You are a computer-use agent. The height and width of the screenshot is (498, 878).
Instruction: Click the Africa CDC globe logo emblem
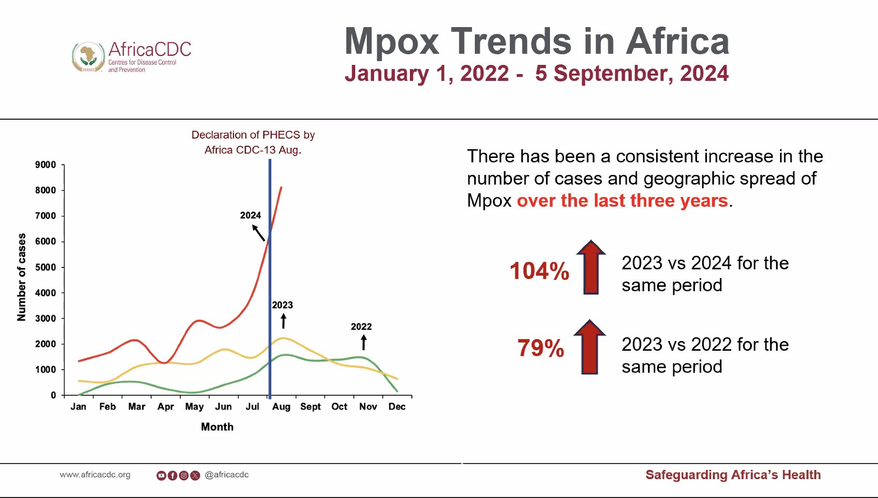tap(88, 57)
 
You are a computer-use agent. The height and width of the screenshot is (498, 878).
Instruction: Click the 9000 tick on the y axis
tap(46, 165)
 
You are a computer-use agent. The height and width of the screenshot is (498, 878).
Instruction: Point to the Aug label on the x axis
tap(281, 406)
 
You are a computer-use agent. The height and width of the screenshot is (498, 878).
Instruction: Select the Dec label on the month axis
tap(397, 406)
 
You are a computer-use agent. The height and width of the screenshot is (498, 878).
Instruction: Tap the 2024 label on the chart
tap(250, 215)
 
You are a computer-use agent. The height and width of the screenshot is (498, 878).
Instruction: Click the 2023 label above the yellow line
tap(282, 305)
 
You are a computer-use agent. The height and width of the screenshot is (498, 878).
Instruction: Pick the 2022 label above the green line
tap(361, 327)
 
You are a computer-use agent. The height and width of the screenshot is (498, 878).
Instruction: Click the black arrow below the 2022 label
tap(364, 342)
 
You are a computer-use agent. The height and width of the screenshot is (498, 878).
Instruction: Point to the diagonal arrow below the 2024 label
tap(259, 233)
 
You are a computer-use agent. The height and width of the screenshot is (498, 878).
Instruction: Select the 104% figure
tap(539, 271)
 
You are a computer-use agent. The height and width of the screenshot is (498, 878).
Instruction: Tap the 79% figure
tap(541, 348)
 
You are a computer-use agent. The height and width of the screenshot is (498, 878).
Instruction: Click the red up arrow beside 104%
tap(591, 267)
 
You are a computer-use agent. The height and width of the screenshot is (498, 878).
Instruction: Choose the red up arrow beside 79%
tap(590, 347)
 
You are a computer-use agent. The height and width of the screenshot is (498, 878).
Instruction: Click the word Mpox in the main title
tap(392, 42)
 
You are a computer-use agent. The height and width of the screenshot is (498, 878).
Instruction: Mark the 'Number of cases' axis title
tap(21, 277)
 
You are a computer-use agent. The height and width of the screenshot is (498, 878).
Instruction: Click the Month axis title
tap(217, 427)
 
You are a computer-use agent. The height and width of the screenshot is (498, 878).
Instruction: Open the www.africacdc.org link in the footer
tap(95, 475)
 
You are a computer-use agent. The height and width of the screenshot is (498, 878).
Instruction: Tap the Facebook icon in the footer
tap(172, 476)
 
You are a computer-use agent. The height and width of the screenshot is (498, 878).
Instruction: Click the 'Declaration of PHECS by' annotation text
tap(253, 135)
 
